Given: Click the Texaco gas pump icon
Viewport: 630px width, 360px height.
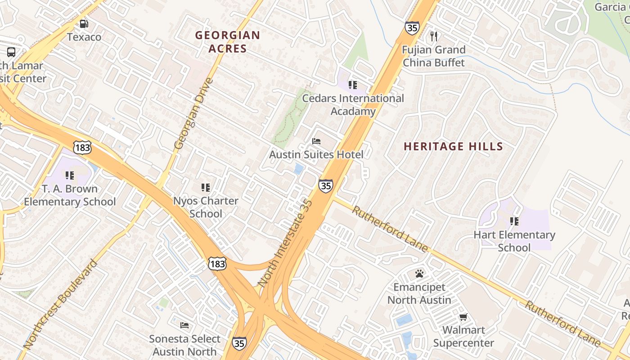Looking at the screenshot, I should click(x=84, y=24).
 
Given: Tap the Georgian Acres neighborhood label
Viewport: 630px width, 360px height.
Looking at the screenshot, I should click(x=228, y=42).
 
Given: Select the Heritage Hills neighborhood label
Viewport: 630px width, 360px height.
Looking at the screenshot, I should click(x=453, y=146).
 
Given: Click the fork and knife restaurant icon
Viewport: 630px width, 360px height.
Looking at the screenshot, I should click(x=434, y=36).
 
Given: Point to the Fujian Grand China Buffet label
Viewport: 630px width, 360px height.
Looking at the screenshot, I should click(x=433, y=56).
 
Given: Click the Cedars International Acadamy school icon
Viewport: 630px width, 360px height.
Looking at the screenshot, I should click(x=353, y=85).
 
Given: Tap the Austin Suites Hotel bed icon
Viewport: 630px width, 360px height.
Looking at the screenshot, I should click(x=316, y=141).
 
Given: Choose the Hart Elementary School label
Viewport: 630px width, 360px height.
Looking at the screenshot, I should click(x=514, y=241).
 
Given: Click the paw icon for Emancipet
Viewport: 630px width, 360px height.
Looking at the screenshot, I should click(x=419, y=274).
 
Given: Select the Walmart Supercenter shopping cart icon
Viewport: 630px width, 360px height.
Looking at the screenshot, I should click(x=463, y=317).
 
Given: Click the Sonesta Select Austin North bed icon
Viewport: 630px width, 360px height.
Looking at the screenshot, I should click(x=184, y=325).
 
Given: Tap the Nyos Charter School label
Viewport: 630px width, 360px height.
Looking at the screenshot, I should click(x=206, y=207).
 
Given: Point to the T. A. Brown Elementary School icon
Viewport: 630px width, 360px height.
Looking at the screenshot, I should click(x=70, y=175).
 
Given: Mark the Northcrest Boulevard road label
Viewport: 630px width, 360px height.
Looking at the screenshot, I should click(x=60, y=305).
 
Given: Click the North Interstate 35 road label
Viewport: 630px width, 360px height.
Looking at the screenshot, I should click(x=284, y=243).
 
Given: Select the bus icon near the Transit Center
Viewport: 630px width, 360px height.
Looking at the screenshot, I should click(x=11, y=52).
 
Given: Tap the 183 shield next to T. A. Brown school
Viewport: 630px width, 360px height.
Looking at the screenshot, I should click(x=82, y=147).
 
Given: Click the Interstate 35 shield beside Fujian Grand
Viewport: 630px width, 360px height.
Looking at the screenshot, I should click(x=412, y=27).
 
